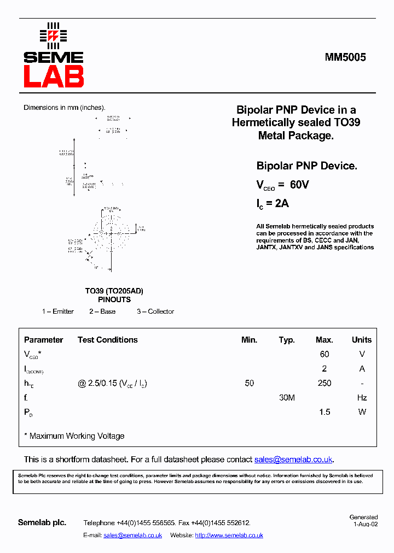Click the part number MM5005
(x=345, y=57)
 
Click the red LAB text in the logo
(x=54, y=77)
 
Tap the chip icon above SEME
(x=53, y=36)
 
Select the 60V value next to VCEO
(x=299, y=185)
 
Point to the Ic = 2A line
(x=273, y=203)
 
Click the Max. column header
(x=325, y=340)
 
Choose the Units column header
(x=362, y=340)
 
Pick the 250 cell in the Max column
(x=325, y=383)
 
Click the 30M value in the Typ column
(x=287, y=398)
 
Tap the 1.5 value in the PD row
(x=325, y=412)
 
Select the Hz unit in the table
(x=362, y=398)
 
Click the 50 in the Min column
(x=250, y=383)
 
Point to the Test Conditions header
(x=108, y=340)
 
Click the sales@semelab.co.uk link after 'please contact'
(x=293, y=460)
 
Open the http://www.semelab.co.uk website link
(x=229, y=536)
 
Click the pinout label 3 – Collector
(x=155, y=311)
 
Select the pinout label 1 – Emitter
(x=58, y=311)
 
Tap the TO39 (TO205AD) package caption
(x=114, y=291)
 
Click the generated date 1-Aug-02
(x=366, y=523)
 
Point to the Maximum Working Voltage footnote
(x=74, y=436)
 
